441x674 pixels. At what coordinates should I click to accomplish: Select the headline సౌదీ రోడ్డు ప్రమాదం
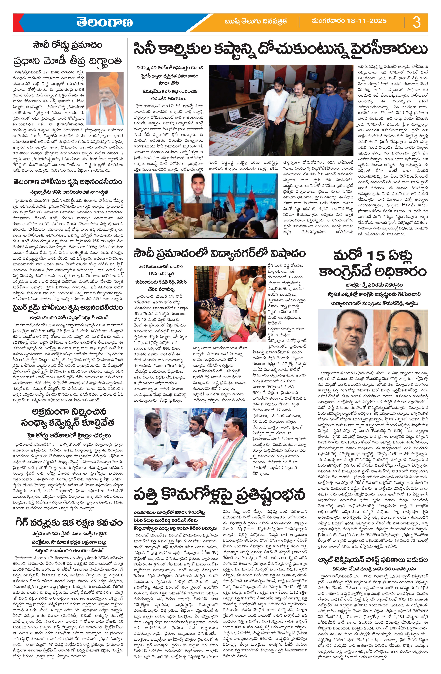(67, 45)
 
